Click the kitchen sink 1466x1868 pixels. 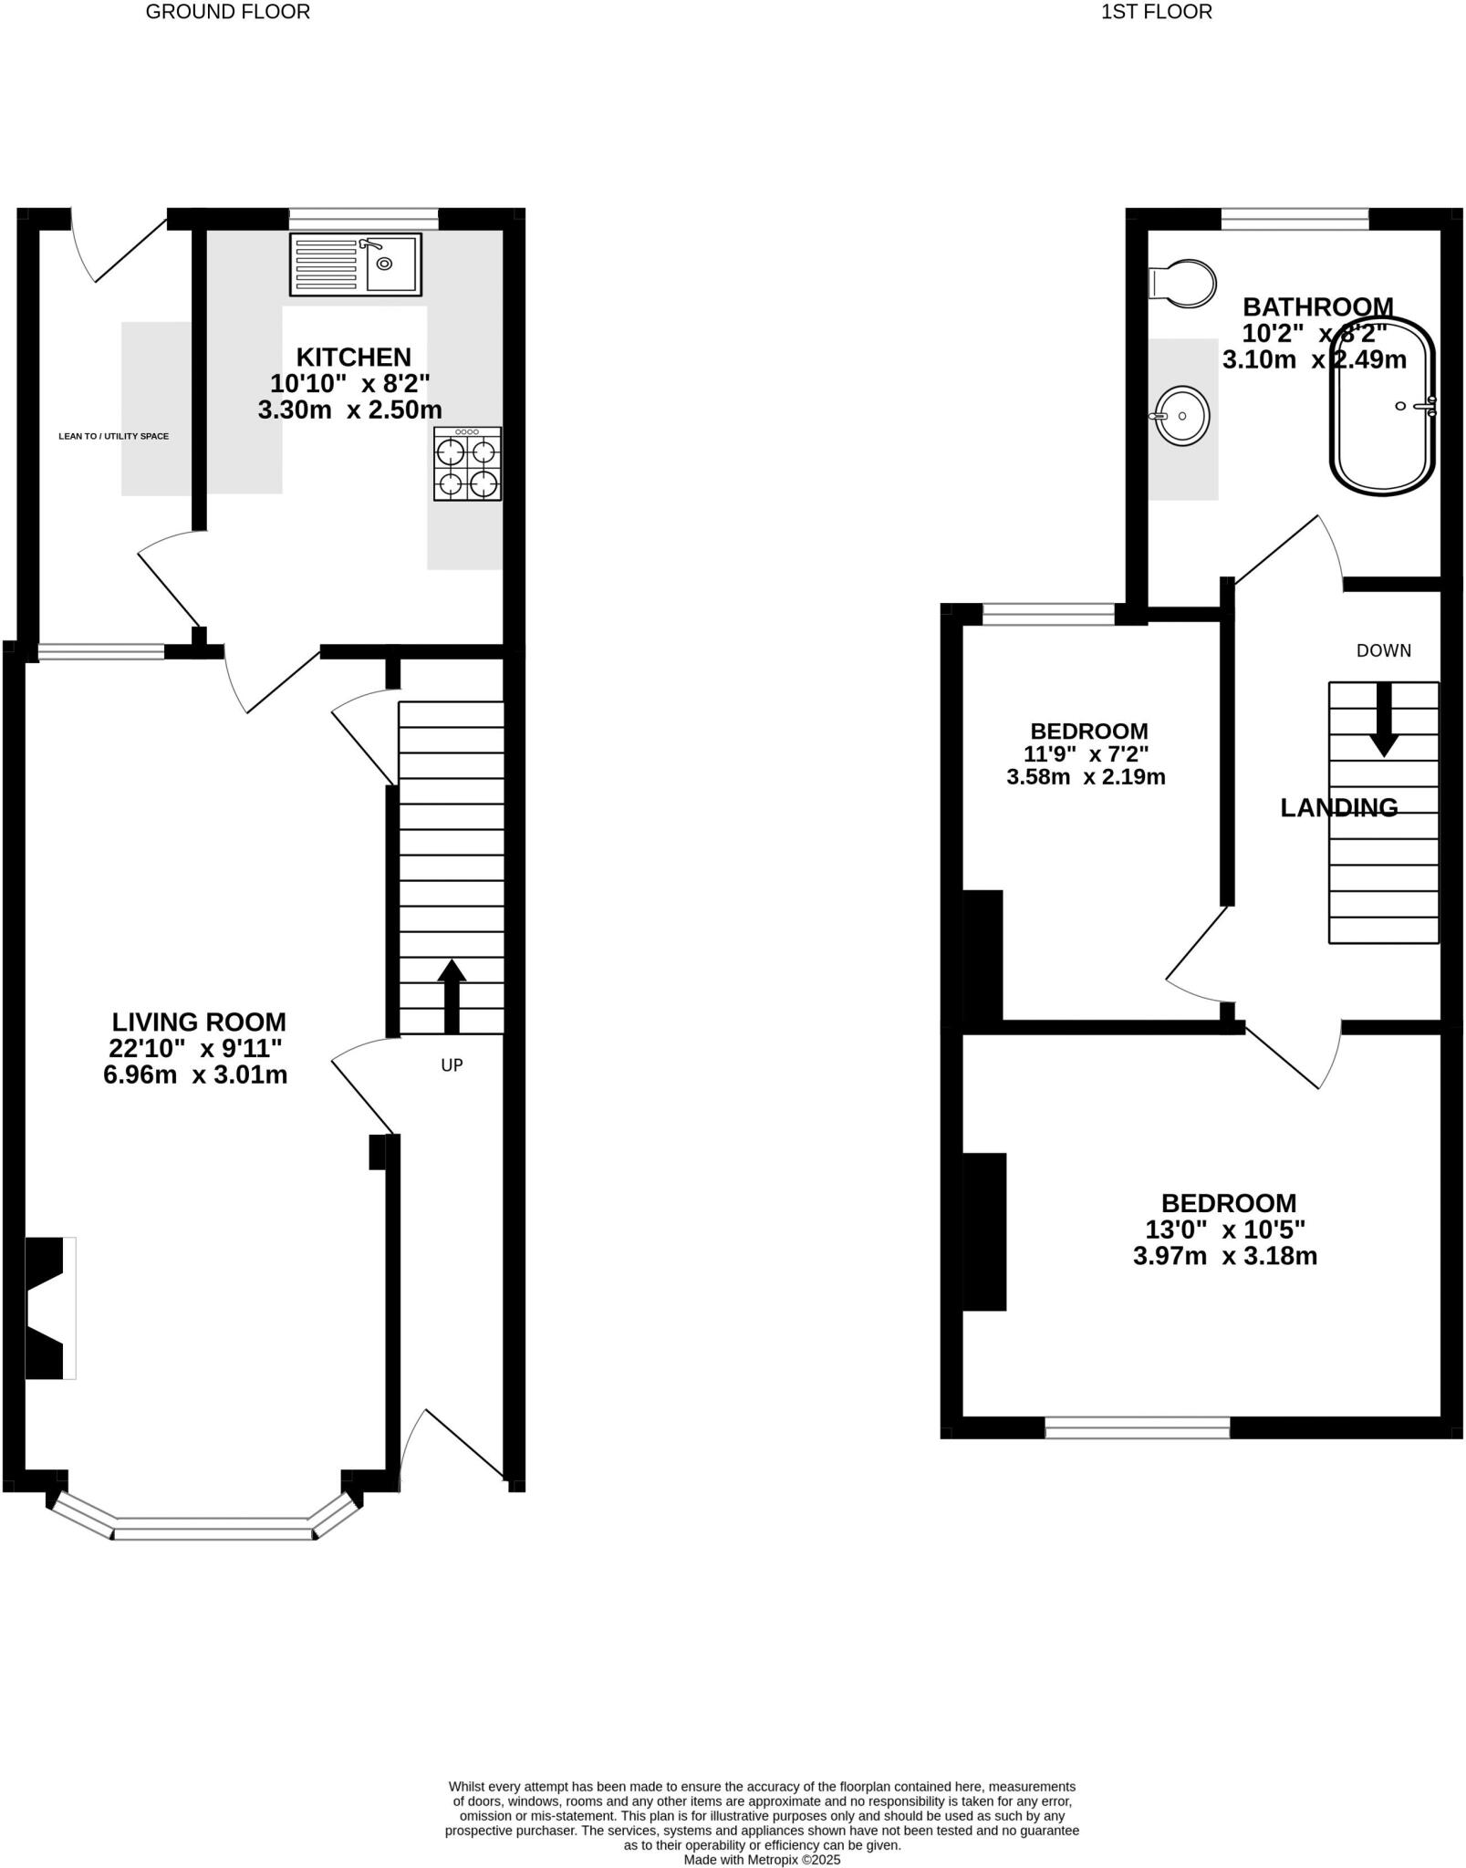point(356,265)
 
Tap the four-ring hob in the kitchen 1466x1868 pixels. point(467,464)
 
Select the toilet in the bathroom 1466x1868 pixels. point(1183,282)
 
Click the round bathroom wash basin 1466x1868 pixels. point(1182,416)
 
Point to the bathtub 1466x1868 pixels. point(1383,407)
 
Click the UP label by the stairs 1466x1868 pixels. point(452,1065)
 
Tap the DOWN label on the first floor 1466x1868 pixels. point(1383,651)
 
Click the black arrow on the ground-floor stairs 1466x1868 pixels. point(452,996)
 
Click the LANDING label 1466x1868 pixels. point(1338,808)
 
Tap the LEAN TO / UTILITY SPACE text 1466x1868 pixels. point(113,437)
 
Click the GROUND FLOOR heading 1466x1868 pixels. point(227,13)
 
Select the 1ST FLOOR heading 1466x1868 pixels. point(1156,13)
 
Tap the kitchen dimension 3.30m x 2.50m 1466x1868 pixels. point(349,410)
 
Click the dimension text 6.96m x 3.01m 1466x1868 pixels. point(195,1075)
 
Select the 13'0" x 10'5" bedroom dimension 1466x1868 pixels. point(1225,1230)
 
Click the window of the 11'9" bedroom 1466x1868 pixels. point(1048,614)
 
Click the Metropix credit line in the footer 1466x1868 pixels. point(762,1860)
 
